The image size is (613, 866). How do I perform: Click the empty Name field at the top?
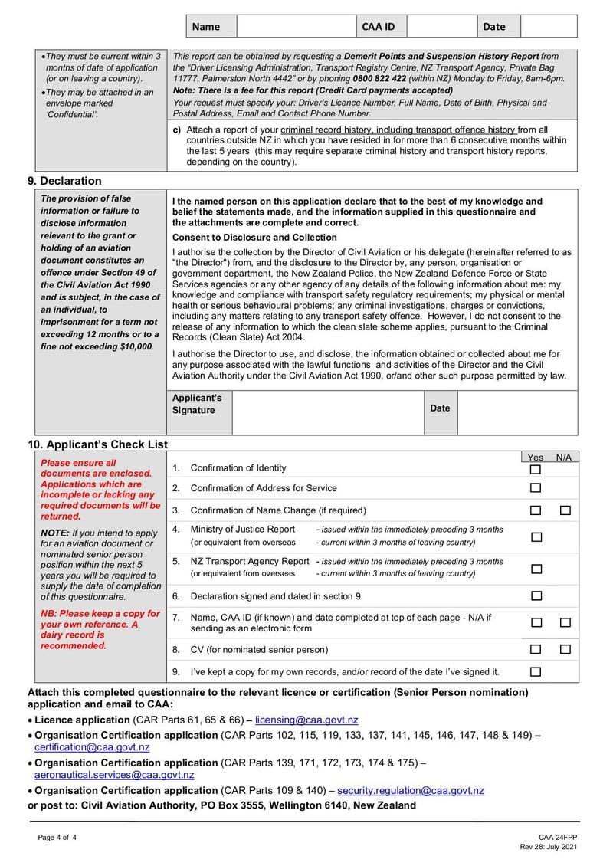pos(296,26)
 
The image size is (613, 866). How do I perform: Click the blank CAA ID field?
pos(441,26)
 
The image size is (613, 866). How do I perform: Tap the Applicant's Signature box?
pos(328,413)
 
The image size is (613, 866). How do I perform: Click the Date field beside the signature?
pos(517,413)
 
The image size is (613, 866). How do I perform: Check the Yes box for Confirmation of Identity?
pos(536,469)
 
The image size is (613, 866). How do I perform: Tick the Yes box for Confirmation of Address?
pos(536,488)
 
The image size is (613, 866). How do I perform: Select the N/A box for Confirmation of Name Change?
pos(565,510)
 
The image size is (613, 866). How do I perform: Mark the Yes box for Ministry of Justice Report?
pos(536,536)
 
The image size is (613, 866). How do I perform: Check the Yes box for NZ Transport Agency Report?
pos(536,569)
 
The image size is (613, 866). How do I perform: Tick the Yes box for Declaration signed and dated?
pos(536,596)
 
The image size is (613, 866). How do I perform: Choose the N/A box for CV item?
pos(565,650)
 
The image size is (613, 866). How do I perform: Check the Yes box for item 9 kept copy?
pos(536,672)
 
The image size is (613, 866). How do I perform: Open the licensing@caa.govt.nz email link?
pos(306,720)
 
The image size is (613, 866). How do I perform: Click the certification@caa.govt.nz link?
pos(92,747)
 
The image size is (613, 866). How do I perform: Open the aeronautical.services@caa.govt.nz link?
pos(114,775)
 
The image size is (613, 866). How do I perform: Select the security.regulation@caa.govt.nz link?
pos(411,790)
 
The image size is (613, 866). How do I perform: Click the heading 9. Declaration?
pos(64,181)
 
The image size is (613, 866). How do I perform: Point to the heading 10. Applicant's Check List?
pos(97,444)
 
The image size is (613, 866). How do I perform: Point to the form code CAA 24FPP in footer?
pos(558,838)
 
